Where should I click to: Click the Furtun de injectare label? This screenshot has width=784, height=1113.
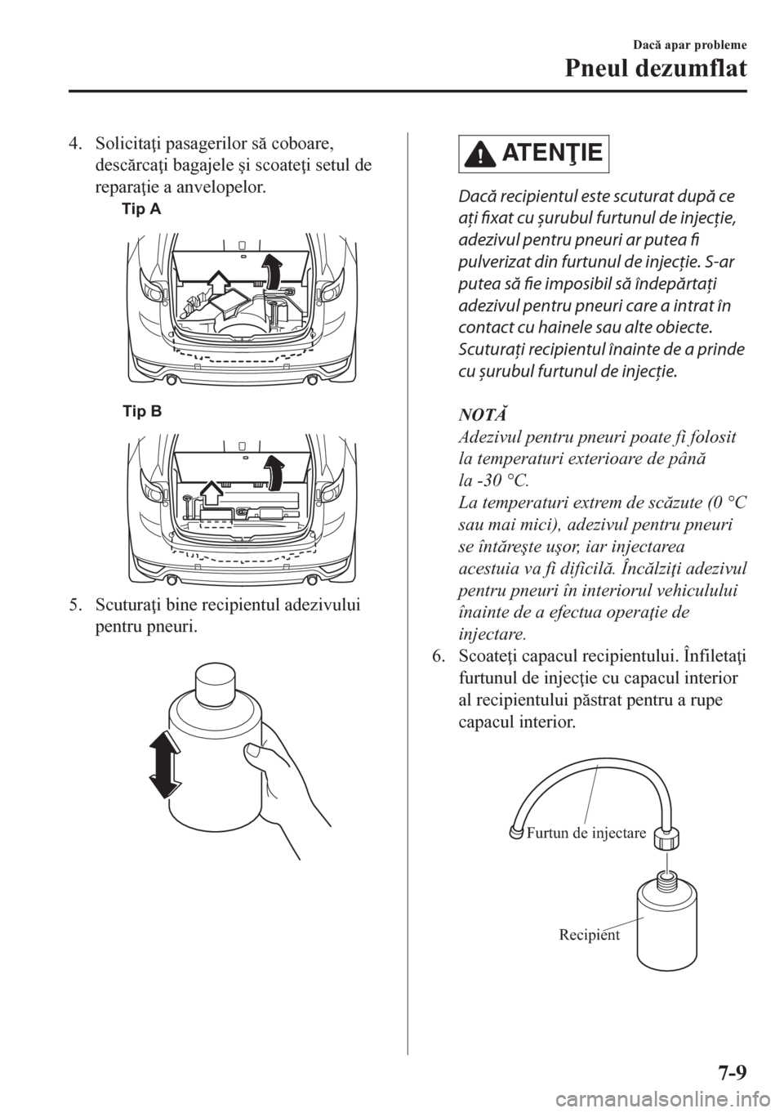[586, 833]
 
